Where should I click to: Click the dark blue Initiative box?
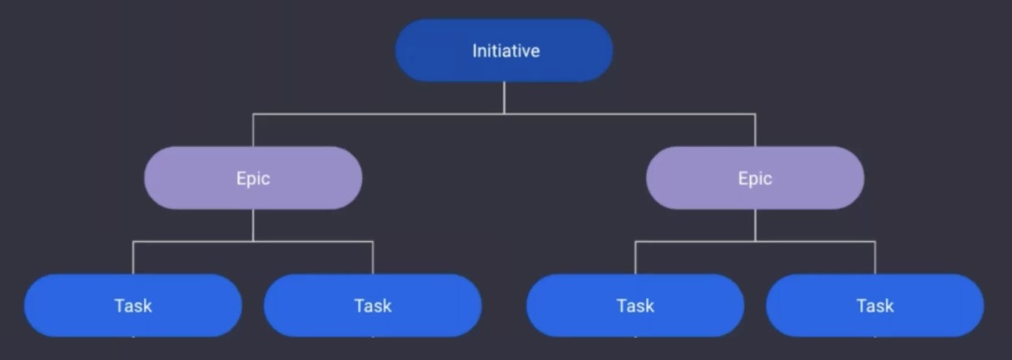tap(504, 50)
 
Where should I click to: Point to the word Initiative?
tap(506, 50)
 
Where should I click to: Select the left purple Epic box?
tap(253, 177)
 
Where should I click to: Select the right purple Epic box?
tap(755, 177)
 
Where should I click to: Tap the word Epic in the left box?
tap(253, 179)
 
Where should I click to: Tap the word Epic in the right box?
tap(755, 179)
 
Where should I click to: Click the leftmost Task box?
tap(132, 306)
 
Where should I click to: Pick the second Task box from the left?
tap(373, 306)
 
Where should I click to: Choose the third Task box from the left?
tap(635, 306)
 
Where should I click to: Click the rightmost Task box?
tap(875, 306)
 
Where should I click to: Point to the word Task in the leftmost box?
tap(132, 306)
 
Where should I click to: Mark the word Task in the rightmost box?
tap(875, 306)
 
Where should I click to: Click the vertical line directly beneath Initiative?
tap(504, 98)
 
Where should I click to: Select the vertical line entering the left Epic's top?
tap(253, 130)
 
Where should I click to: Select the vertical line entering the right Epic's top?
tap(755, 130)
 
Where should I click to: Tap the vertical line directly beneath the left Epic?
tap(253, 225)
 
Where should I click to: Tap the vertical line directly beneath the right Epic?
tap(755, 225)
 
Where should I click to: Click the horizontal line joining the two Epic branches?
tap(504, 114)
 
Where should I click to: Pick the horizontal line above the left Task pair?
tap(253, 241)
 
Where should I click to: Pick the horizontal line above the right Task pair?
tap(755, 241)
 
